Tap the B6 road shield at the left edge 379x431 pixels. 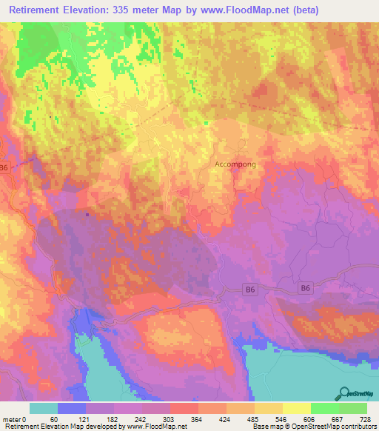tap(4, 168)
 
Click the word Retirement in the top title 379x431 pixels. tap(38, 10)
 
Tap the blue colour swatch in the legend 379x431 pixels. tap(71, 408)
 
